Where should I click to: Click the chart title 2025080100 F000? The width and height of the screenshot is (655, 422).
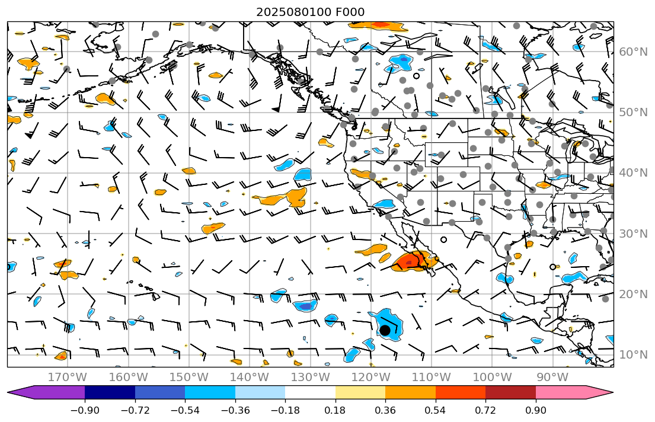click(310, 12)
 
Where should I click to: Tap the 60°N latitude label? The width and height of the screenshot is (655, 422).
click(632, 52)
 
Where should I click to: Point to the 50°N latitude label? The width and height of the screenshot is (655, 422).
click(632, 112)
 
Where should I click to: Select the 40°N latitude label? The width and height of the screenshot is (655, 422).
click(632, 172)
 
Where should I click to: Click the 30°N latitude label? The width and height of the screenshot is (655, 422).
click(632, 234)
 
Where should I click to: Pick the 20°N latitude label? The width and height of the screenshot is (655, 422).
click(632, 294)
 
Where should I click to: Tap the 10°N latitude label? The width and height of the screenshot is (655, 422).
click(632, 354)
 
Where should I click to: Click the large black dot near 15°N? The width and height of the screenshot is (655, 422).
click(385, 330)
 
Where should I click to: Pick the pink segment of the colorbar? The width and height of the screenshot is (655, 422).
click(561, 392)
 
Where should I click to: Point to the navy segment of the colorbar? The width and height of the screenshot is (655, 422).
click(110, 392)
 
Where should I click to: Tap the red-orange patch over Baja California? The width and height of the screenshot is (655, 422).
click(409, 261)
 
